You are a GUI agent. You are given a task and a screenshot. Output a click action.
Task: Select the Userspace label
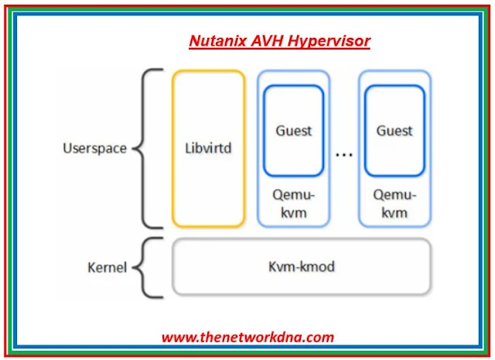tap(94, 148)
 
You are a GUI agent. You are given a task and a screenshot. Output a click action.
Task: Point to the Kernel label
tap(106, 267)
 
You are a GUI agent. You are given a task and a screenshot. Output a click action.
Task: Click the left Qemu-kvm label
tap(293, 204)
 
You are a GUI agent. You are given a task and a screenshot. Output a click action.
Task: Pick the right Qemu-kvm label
tap(394, 204)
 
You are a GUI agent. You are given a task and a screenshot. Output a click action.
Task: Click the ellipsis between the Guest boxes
tap(344, 154)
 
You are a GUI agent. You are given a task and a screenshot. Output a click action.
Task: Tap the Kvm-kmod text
tap(302, 267)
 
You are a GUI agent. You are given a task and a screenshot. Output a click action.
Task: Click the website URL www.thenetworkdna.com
tap(247, 337)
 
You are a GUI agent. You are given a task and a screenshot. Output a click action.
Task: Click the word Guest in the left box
tap(293, 130)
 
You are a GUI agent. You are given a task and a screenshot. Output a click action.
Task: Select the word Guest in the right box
tap(394, 130)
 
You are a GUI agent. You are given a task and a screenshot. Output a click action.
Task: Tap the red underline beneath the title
tap(279, 49)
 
